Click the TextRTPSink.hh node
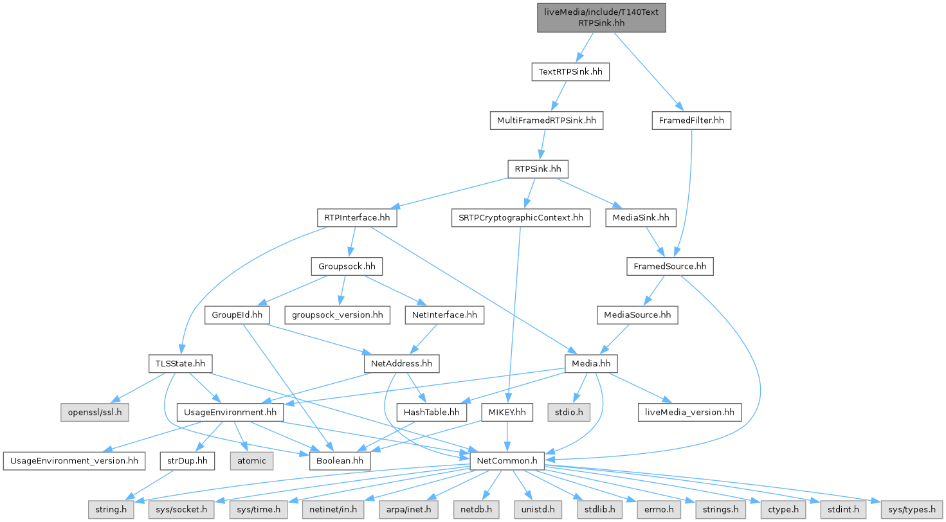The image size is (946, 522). point(570,72)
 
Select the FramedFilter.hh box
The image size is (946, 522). point(691,120)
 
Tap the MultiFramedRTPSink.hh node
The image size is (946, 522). point(546,120)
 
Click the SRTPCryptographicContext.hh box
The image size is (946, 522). point(520,218)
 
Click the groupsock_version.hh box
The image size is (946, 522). point(338,314)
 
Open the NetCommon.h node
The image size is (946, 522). point(507,460)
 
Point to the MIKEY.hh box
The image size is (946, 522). point(507,412)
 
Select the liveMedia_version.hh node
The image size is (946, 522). point(689,412)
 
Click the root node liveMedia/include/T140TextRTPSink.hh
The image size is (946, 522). point(601,17)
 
